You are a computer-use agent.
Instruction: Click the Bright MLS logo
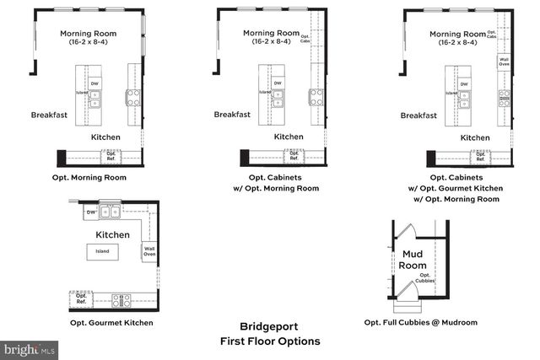coord(30,348)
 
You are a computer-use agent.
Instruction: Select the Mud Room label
coord(413,259)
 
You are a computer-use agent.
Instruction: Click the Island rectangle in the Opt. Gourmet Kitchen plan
coord(101,251)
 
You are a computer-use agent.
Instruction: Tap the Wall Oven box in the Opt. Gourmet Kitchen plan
coord(149,250)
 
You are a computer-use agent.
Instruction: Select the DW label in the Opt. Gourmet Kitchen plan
coord(90,213)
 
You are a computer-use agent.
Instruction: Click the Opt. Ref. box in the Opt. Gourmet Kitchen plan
coord(82,298)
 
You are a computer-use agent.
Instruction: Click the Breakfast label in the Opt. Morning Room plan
coord(49,115)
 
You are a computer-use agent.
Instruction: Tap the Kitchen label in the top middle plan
coord(289,136)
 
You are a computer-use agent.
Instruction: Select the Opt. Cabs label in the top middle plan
coord(305,39)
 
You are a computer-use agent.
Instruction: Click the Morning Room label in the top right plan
coord(457,34)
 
